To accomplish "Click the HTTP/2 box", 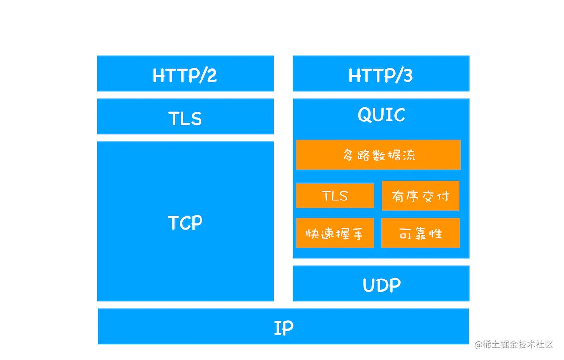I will (x=185, y=74).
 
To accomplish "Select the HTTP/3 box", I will (x=381, y=74).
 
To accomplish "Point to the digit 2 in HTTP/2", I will (x=211, y=76).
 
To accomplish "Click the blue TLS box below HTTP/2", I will (x=185, y=117).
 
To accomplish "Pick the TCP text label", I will (x=185, y=223).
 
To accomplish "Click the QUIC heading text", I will (x=381, y=115).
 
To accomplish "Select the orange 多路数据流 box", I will (x=378, y=155).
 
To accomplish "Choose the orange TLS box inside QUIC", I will (x=335, y=196).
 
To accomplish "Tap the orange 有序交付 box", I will (x=420, y=196).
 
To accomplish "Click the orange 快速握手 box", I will (x=335, y=233).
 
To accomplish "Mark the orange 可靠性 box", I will (x=420, y=233).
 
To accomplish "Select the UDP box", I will (x=381, y=284).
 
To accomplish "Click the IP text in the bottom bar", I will (x=283, y=328).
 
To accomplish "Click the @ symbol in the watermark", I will (x=478, y=345).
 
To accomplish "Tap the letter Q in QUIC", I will (x=364, y=116).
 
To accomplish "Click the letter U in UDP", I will (x=369, y=285).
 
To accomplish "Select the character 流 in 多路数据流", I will (x=409, y=155).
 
